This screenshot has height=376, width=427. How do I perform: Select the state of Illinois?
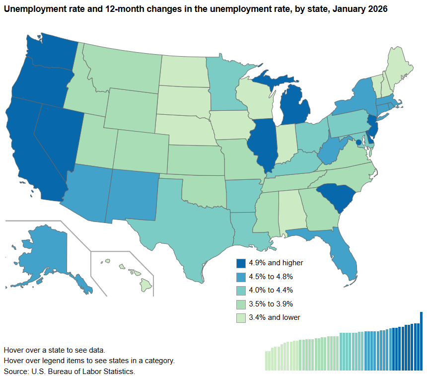coord(262,144)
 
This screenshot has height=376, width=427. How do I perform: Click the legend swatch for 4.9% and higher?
coord(241,263)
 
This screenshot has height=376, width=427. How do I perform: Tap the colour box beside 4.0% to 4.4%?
coord(241,290)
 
